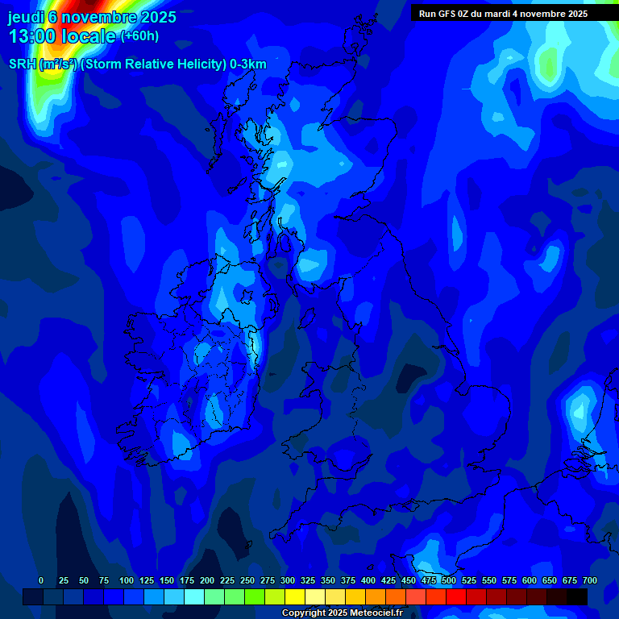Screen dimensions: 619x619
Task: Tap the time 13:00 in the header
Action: click(x=31, y=37)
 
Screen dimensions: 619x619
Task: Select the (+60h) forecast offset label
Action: click(x=139, y=36)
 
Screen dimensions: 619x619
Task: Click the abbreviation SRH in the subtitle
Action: click(x=23, y=64)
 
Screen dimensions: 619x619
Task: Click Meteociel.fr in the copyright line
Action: click(x=376, y=613)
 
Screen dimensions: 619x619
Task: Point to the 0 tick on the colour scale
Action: click(x=41, y=580)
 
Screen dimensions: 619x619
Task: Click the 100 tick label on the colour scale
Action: click(x=126, y=580)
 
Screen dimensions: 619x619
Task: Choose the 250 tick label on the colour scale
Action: click(x=247, y=580)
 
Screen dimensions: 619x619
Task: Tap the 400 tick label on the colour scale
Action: click(x=368, y=580)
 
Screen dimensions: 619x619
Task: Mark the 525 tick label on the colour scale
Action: click(x=469, y=580)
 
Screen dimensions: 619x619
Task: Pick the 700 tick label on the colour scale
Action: click(x=590, y=580)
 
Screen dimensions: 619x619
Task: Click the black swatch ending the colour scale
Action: click(x=577, y=596)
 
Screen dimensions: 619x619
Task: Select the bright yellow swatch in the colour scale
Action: click(x=295, y=596)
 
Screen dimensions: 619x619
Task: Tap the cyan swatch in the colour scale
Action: click(x=194, y=596)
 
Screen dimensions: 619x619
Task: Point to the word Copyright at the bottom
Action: click(x=304, y=613)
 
